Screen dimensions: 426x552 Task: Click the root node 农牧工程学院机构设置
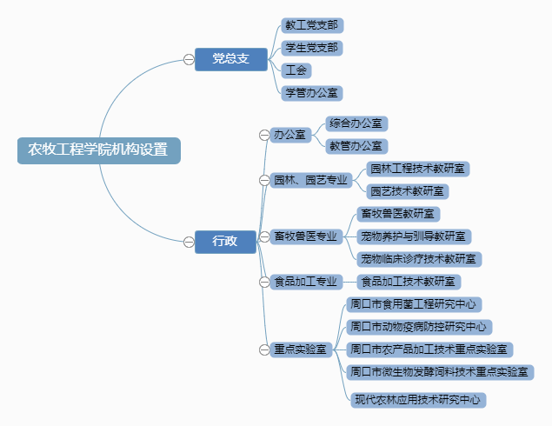[98, 149]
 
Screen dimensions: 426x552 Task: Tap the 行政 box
[225, 241]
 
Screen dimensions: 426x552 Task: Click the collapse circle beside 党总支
[189, 58]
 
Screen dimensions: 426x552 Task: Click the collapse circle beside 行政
[189, 241]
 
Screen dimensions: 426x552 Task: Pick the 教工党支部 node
[311, 24]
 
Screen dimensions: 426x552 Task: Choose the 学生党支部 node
[311, 47]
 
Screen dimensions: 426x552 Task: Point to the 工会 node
[297, 70]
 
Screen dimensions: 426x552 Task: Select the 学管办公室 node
[312, 92]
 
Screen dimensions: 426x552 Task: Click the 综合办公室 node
[356, 123]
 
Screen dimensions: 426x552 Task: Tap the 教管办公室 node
[356, 146]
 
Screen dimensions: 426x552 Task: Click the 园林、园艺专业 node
[310, 180]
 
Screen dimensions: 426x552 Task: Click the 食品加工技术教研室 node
[409, 282]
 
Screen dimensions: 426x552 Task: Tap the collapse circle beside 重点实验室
[264, 349]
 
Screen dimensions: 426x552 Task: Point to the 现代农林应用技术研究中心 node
[418, 400]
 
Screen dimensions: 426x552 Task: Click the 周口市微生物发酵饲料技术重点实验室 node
[440, 371]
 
